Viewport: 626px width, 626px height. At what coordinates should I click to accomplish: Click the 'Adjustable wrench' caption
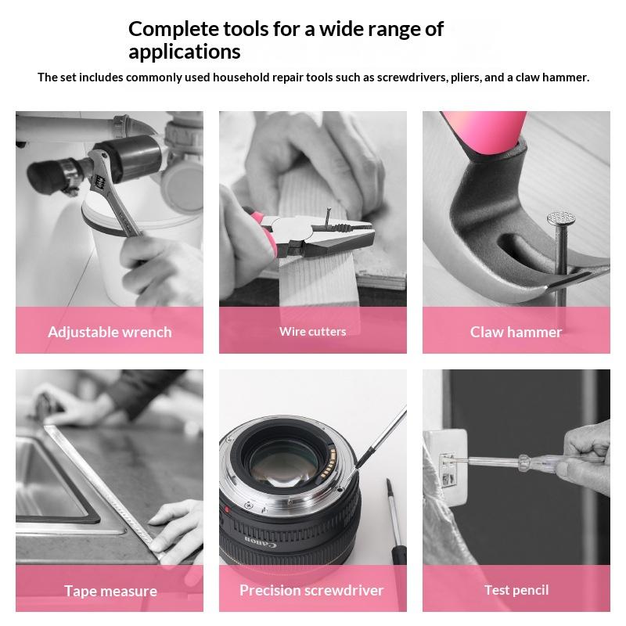click(x=110, y=332)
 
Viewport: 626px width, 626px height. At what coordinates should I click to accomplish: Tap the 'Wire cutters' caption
click(x=312, y=331)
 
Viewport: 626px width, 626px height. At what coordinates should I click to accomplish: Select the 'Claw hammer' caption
click(x=516, y=332)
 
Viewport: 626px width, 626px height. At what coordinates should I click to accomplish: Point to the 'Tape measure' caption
click(x=110, y=591)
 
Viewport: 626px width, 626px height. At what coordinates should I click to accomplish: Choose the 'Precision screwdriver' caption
click(x=311, y=590)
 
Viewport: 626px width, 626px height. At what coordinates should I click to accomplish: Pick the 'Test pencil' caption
click(x=516, y=590)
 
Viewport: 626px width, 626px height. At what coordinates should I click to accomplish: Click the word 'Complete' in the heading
click(x=173, y=30)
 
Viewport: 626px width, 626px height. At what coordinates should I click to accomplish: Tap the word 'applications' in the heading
click(x=185, y=52)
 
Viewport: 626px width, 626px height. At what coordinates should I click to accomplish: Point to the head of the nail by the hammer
click(x=561, y=218)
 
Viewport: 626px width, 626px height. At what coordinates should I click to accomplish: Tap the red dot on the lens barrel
click(x=227, y=510)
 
